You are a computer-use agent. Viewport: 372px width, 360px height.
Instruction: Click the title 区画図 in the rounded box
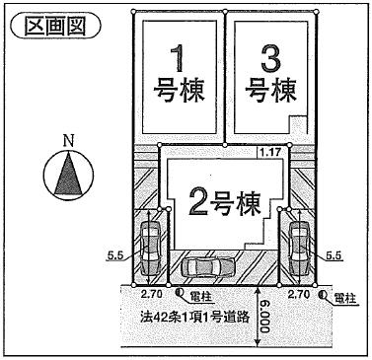55,24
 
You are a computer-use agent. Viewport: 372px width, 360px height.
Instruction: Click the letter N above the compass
68,142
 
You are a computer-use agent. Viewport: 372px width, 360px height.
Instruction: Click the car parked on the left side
152,246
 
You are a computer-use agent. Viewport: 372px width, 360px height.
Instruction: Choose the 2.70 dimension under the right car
299,294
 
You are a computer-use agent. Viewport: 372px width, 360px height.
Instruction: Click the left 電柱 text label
202,295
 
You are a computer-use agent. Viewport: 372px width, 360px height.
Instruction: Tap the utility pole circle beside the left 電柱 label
181,293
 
